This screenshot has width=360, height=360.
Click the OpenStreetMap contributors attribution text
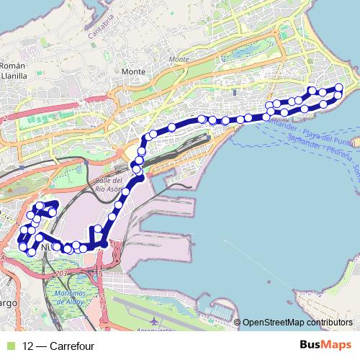pyautogui.click(x=300, y=323)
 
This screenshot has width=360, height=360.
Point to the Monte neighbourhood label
pyautogui.click(x=133, y=72)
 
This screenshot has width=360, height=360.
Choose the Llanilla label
pyautogui.click(x=14, y=74)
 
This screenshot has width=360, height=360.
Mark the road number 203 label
pyautogui.click(x=60, y=274)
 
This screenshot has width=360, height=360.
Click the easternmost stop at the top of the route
pyautogui.click(x=338, y=88)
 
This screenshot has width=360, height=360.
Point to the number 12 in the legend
pyautogui.click(x=28, y=346)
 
